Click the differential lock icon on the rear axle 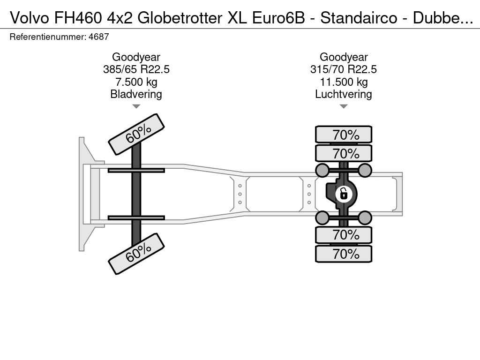coord(344,194)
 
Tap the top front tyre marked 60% coord(136,135)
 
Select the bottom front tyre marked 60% coord(136,254)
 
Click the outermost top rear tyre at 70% coord(344,135)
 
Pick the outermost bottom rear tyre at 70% coord(344,254)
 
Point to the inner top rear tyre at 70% coord(344,153)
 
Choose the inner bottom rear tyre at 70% coord(344,235)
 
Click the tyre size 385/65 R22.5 coord(136,69)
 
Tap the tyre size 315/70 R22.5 coord(344,69)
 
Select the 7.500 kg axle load coord(136,82)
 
